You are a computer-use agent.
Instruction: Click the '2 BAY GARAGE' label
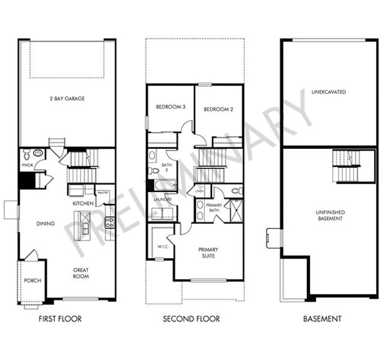66,98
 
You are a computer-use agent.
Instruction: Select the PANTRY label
103,192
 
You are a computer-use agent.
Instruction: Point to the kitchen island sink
85,229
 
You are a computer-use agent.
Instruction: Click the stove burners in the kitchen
109,221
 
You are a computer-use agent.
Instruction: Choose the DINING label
45,224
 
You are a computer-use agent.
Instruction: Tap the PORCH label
32,280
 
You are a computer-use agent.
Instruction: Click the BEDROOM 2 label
217,109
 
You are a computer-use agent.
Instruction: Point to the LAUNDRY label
163,199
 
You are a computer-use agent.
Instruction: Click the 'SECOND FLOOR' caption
191,319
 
